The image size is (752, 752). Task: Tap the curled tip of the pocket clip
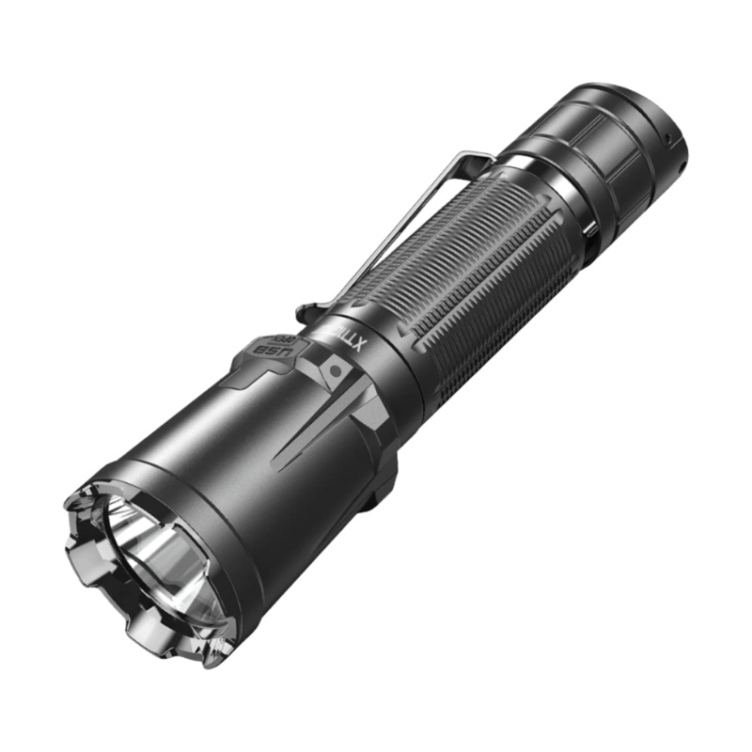(303, 311)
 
